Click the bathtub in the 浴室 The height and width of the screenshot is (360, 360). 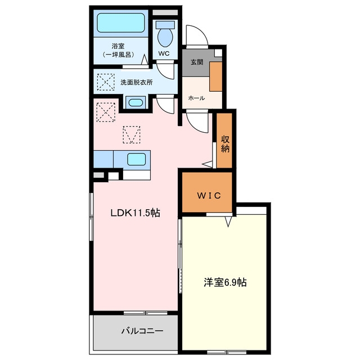pos(121,22)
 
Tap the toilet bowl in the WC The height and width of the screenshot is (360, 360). pos(165,37)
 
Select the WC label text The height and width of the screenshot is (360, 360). pos(164,53)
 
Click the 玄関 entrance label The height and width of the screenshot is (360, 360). pos(197,62)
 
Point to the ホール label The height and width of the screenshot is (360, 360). pos(196,98)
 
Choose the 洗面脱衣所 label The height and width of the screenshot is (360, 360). pos(137,83)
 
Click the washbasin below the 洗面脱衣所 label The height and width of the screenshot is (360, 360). pos(136,102)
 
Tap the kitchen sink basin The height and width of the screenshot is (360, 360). pos(136,159)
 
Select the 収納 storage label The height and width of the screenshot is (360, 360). pos(225,144)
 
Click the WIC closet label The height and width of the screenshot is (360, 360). pos(209,195)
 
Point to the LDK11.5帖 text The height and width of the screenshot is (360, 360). pos(135,213)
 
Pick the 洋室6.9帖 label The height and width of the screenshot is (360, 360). pos(225,282)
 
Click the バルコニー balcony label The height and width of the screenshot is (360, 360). pos(142,331)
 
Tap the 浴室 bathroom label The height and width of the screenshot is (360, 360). pos(118,46)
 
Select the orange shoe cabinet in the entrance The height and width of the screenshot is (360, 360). pos(215,76)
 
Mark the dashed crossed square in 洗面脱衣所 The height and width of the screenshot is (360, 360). pos(106,82)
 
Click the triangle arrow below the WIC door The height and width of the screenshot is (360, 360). pos(228,222)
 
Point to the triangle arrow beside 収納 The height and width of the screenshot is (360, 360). pos(207,164)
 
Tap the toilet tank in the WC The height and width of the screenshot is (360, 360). pos(165,25)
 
